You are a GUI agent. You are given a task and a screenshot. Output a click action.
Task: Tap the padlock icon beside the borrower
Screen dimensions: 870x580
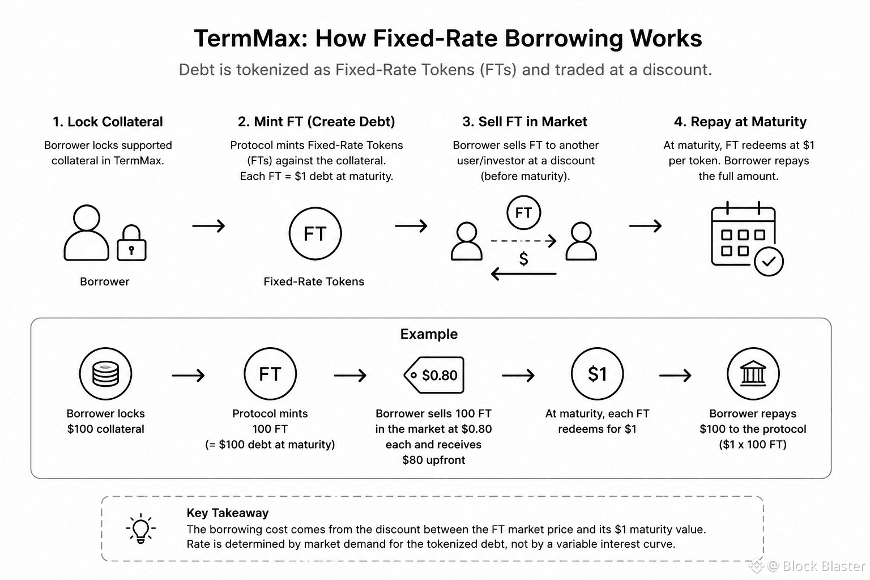(x=131, y=243)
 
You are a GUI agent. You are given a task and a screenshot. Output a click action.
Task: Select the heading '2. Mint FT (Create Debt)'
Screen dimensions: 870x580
(x=316, y=122)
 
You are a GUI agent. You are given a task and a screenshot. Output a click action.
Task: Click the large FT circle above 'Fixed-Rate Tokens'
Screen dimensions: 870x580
(x=315, y=233)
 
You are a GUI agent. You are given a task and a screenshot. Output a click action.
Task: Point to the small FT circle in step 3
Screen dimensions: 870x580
(x=523, y=212)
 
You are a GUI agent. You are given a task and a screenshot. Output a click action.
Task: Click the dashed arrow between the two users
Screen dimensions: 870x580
(x=523, y=241)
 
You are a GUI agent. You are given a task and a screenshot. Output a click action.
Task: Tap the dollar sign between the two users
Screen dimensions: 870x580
(x=523, y=259)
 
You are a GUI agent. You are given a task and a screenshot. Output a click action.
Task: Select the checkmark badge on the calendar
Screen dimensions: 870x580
(x=769, y=262)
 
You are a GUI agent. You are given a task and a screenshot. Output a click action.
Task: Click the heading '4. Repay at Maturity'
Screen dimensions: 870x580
(x=740, y=122)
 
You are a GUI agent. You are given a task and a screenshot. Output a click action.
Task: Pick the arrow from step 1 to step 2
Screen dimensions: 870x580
(x=208, y=225)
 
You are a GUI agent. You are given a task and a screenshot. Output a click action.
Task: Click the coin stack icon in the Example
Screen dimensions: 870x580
(x=105, y=374)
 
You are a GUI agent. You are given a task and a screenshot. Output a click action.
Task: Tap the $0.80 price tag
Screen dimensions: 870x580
(x=434, y=375)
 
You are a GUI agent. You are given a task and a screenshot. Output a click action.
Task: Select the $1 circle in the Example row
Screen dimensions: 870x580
(x=598, y=374)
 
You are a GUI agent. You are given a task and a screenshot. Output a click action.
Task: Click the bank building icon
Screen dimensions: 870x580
(x=753, y=374)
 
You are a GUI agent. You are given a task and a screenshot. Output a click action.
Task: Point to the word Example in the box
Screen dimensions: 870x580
(x=429, y=334)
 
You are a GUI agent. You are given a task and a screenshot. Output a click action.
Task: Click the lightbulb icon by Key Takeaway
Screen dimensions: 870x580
(x=140, y=528)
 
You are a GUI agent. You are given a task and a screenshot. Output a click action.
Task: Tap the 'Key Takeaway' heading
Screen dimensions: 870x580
(x=228, y=513)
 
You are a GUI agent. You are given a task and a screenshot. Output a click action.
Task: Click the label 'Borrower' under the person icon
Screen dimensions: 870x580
(x=104, y=282)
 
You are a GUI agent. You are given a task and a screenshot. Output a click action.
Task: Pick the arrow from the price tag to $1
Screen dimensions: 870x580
(x=518, y=376)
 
